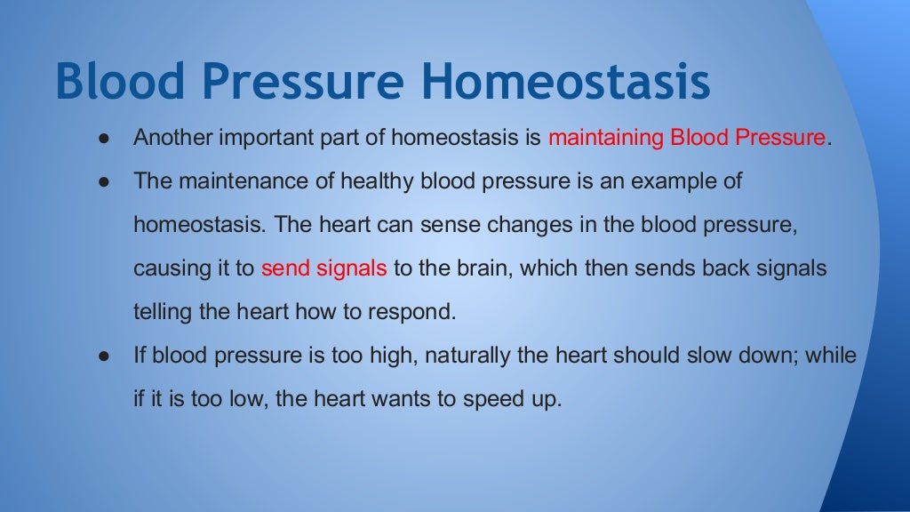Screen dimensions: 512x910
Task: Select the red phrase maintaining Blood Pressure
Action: tap(687, 139)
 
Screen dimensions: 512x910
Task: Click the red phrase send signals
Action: tap(323, 268)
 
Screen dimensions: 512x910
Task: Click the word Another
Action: tap(169, 139)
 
